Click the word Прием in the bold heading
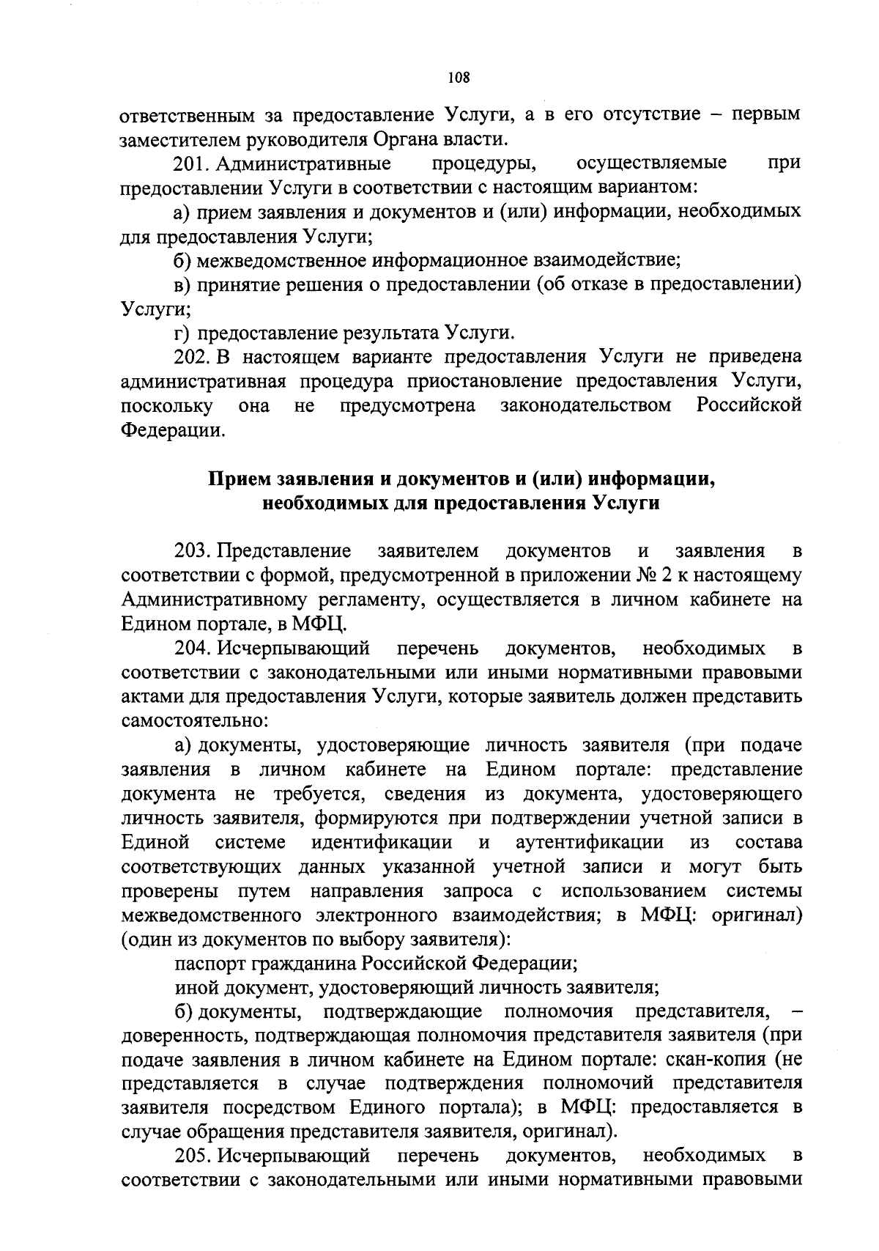238,479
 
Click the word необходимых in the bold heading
325,503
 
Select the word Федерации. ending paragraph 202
171,430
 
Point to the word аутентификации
590,842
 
